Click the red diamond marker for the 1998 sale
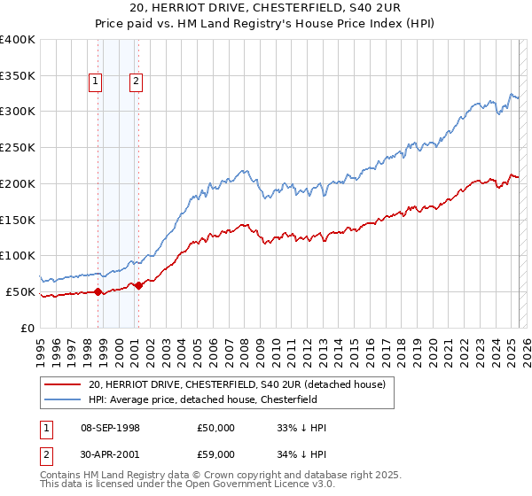click(x=98, y=291)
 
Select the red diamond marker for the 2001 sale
click(x=138, y=285)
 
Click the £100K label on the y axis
click(x=18, y=256)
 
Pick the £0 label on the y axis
click(x=28, y=328)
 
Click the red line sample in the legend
click(x=62, y=384)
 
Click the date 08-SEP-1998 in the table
click(x=110, y=428)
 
